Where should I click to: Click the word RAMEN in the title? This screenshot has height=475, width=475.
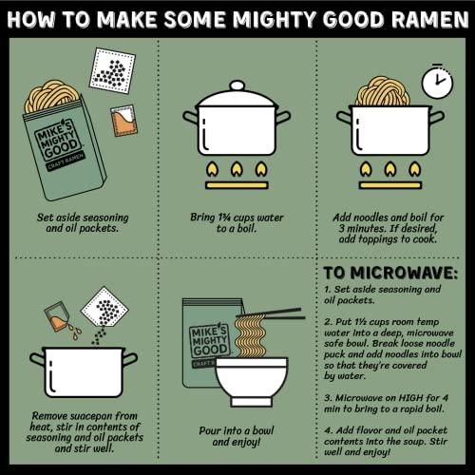[421, 17]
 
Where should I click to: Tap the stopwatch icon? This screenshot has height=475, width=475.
[436, 81]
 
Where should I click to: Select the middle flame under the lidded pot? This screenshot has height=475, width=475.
[237, 173]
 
